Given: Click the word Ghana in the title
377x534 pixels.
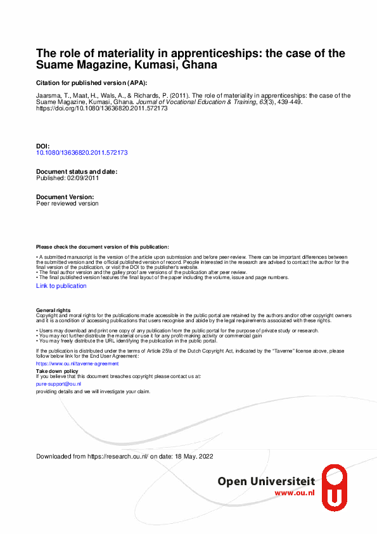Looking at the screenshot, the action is coord(200,65).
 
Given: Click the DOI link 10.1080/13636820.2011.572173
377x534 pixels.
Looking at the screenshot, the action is coord(82,153).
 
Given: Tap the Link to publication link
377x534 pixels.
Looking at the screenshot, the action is coord(61,286).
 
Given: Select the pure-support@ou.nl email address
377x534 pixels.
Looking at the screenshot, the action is coord(59,384).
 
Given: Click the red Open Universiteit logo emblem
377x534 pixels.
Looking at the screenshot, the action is coord(335,487).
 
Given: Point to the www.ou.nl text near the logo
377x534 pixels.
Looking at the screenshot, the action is coord(295,493).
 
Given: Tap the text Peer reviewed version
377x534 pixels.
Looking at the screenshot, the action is coord(68,204).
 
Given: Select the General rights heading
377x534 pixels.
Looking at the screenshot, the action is coord(54,309).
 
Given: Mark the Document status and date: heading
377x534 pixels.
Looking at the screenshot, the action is coord(77,172).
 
